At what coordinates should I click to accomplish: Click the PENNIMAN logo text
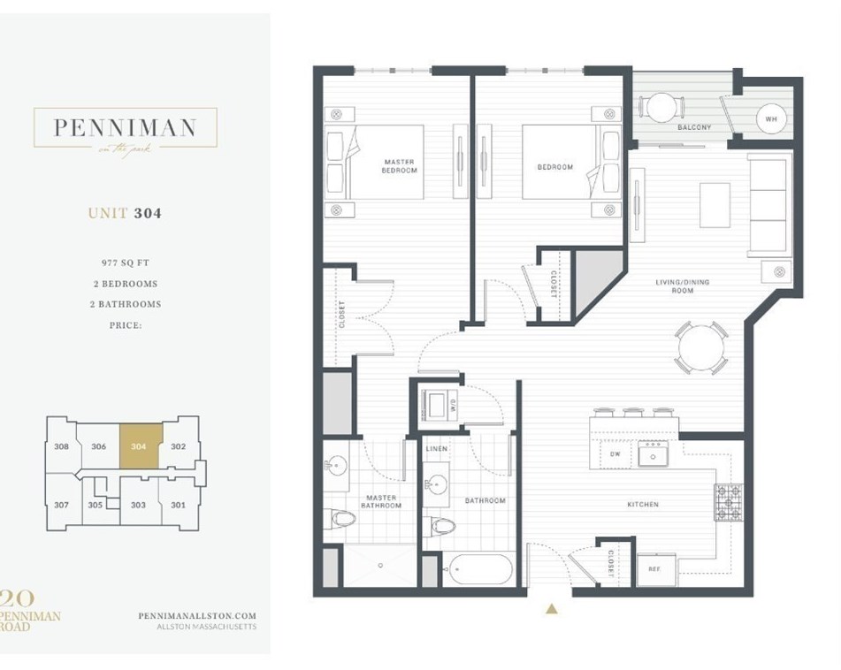[124, 127]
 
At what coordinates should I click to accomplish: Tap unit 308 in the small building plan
[60, 446]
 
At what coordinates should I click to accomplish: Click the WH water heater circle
[769, 118]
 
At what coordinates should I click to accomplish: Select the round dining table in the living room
[699, 348]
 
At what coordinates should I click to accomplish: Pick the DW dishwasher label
[615, 454]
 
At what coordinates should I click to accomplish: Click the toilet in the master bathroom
[340, 517]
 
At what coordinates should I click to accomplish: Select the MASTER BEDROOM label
[399, 166]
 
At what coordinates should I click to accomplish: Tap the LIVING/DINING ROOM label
[682, 286]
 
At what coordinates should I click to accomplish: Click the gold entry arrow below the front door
[552, 608]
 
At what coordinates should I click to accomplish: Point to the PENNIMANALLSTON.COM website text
[197, 616]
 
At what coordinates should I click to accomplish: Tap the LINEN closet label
[437, 449]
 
